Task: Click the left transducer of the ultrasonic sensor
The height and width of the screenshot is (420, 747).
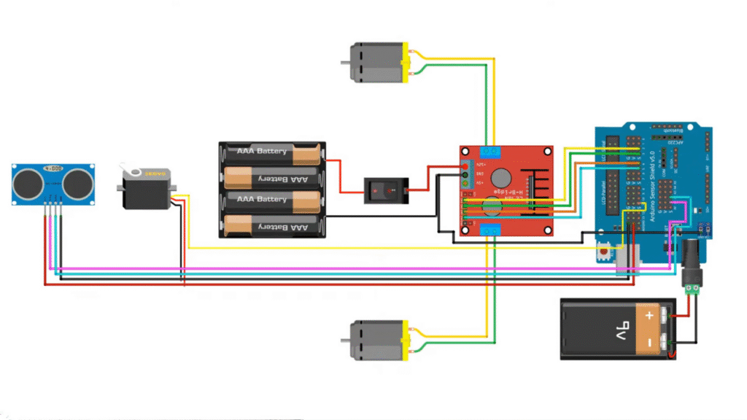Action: [x=28, y=183]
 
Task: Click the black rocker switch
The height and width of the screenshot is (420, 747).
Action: [x=384, y=190]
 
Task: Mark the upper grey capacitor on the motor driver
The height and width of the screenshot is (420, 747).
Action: [x=500, y=176]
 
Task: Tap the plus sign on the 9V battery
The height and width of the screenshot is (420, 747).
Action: [x=648, y=316]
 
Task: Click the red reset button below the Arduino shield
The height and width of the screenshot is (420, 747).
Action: [x=604, y=252]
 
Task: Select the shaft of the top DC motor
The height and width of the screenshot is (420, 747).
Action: [x=345, y=62]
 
